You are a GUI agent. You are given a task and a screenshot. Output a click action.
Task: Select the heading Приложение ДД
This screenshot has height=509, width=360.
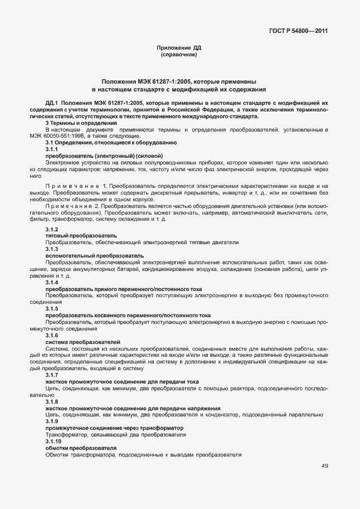pyautogui.click(x=179, y=49)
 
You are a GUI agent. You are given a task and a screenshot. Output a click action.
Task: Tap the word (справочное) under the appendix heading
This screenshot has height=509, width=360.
pyautogui.click(x=179, y=55)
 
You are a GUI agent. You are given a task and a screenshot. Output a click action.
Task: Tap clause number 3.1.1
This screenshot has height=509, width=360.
pyautogui.click(x=52, y=149)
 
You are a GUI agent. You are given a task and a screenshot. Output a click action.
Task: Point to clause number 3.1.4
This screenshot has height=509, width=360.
pyautogui.click(x=52, y=283)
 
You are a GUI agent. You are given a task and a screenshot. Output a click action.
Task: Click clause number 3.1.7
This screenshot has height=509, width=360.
pyautogui.click(x=52, y=376)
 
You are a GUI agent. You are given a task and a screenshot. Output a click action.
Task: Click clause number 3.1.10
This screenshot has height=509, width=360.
pyautogui.click(x=53, y=442)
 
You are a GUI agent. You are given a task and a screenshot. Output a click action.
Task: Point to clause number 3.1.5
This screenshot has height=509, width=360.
pyautogui.click(x=52, y=308)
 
